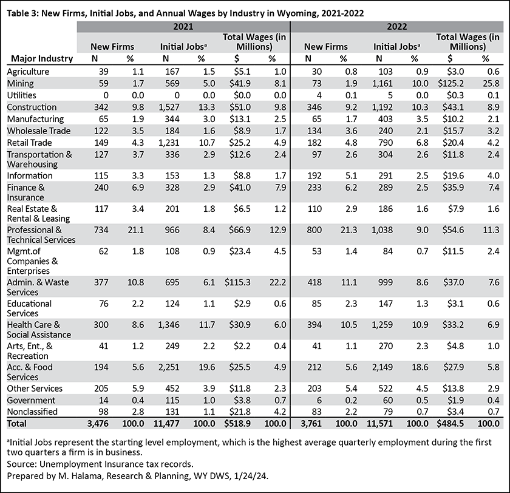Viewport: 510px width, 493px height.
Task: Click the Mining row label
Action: coord(20,84)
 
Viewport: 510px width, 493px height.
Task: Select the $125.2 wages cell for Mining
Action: coord(450,84)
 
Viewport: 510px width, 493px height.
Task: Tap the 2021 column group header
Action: coord(183,27)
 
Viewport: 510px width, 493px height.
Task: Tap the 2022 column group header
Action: coord(397,27)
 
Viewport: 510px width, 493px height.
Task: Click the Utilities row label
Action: coord(21,95)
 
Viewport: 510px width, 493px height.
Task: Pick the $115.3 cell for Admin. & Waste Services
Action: coord(237,282)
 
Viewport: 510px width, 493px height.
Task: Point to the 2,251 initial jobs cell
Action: coord(169,367)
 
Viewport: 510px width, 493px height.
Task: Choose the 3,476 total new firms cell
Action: coord(98,424)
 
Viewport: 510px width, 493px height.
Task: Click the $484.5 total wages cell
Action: coord(450,424)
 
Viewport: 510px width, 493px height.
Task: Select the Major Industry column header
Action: coord(42,58)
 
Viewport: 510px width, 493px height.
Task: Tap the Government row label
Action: coord(31,400)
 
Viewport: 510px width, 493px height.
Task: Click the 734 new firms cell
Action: coord(101,230)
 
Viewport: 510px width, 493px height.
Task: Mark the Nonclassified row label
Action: coord(32,412)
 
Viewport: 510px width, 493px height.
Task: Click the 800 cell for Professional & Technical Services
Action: coord(314,230)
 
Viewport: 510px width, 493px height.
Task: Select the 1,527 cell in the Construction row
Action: coord(169,107)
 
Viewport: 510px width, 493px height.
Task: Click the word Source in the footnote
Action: coord(21,464)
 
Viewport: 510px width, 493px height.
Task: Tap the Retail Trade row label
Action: coord(29,143)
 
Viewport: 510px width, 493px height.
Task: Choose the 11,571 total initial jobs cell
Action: coord(379,424)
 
